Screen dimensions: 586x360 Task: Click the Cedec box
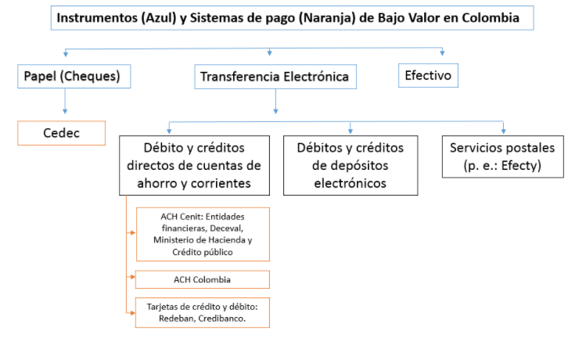click(61, 133)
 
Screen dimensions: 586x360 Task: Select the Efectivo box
click(428, 75)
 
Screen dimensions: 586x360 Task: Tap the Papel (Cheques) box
click(74, 76)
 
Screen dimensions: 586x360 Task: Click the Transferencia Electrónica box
click(275, 77)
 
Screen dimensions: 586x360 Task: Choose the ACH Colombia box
click(202, 279)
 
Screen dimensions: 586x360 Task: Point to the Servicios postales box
click(502, 157)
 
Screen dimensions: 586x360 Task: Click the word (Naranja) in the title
click(327, 18)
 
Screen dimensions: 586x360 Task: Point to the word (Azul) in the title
click(159, 18)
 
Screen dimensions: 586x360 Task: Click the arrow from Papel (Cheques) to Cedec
click(65, 101)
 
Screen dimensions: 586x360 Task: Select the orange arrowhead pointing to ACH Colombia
click(132, 277)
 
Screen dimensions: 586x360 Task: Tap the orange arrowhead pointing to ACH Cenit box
click(133, 233)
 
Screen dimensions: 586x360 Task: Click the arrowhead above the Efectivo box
click(442, 53)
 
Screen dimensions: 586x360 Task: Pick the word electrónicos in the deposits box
click(351, 183)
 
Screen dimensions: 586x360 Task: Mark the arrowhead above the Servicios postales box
click(503, 131)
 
